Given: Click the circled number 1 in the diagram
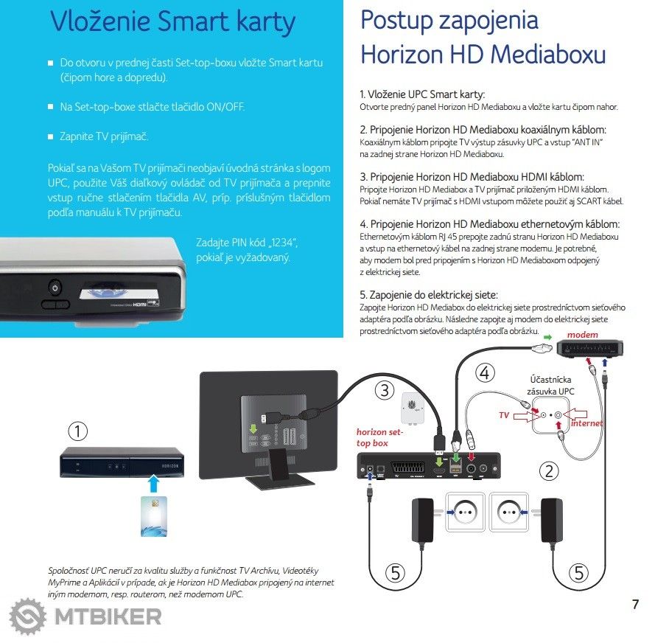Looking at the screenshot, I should click(x=77, y=430).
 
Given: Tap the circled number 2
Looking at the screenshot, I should click(x=547, y=470).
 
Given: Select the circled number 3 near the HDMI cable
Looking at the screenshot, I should click(x=384, y=391).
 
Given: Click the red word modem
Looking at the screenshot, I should click(x=582, y=335).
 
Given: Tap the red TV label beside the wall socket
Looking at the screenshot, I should click(x=504, y=416).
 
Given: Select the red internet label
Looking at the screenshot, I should click(x=587, y=423).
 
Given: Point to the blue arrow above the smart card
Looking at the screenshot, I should click(x=153, y=483).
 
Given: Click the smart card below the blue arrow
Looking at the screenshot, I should click(x=153, y=515).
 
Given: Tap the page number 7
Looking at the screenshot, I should click(x=635, y=605).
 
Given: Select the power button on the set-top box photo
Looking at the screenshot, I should click(x=54, y=287).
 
